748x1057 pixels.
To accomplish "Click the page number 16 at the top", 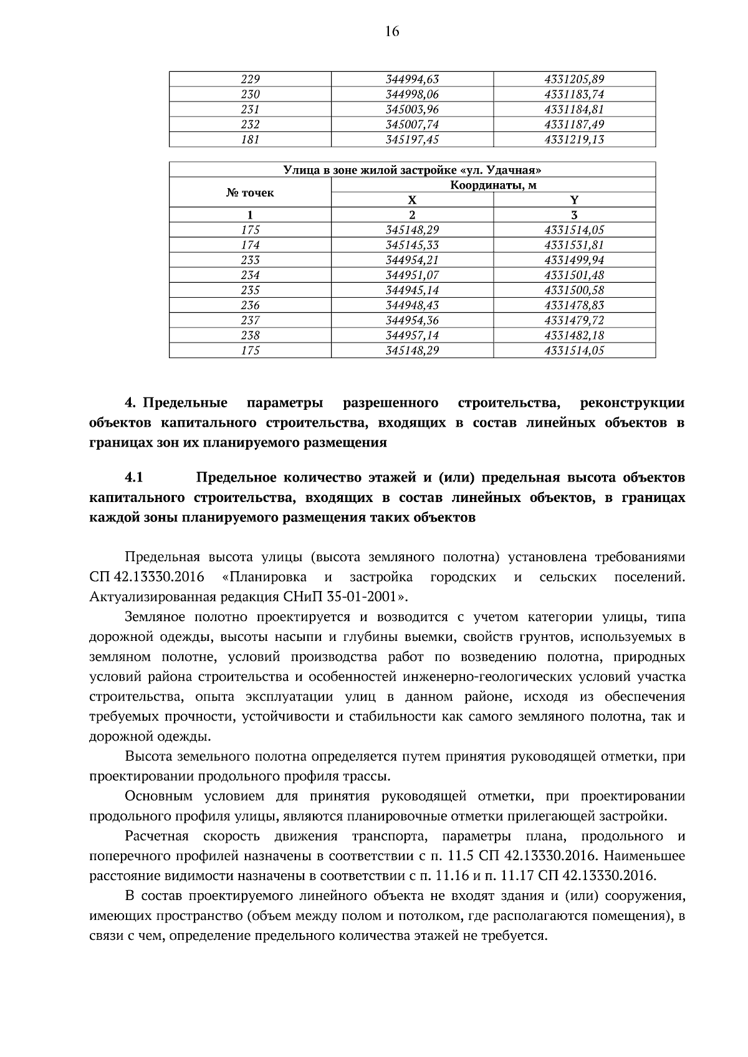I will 391,32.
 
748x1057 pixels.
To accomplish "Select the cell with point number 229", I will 250,79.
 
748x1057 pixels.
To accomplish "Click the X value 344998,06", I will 412,94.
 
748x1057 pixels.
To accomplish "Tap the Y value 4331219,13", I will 574,140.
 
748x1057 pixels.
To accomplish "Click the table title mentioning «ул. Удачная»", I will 412,169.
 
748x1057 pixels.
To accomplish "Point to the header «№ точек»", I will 250,192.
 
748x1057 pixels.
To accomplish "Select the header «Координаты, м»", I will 493,185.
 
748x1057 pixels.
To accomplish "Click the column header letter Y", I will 574,200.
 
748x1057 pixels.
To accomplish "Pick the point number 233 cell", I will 250,260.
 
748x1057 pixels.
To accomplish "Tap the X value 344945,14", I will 412,290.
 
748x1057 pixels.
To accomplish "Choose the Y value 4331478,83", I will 574,305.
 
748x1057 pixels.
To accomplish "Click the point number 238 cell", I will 250,335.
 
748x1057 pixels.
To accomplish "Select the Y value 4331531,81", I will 574,245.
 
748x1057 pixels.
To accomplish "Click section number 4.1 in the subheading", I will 134,478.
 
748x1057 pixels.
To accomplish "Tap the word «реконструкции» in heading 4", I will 631,403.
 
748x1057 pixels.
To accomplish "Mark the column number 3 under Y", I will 574,215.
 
